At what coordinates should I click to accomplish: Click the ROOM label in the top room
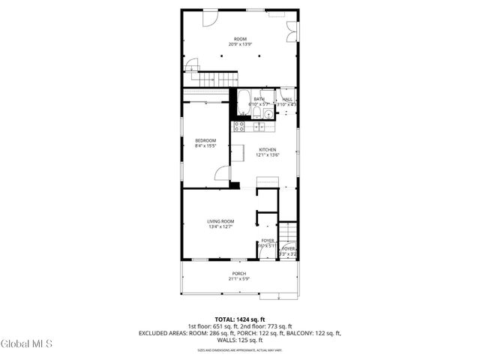coord(239,39)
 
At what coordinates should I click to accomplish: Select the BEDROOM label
coord(205,141)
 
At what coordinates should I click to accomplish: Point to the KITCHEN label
coord(268,149)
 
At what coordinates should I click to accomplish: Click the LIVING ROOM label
coord(221,220)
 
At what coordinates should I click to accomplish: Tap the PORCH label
coord(238,273)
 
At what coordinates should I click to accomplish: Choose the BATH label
coord(259,99)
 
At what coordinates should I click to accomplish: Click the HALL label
coord(287,99)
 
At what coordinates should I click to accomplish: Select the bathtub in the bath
coord(244,101)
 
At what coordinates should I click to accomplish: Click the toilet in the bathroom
coord(256,113)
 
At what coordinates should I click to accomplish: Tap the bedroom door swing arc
coord(221,173)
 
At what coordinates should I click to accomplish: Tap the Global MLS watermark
coord(27,343)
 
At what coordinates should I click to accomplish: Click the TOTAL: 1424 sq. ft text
coord(239,319)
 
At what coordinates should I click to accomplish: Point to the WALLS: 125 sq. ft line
coord(239,340)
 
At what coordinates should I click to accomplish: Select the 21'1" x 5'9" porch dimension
coord(238,279)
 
